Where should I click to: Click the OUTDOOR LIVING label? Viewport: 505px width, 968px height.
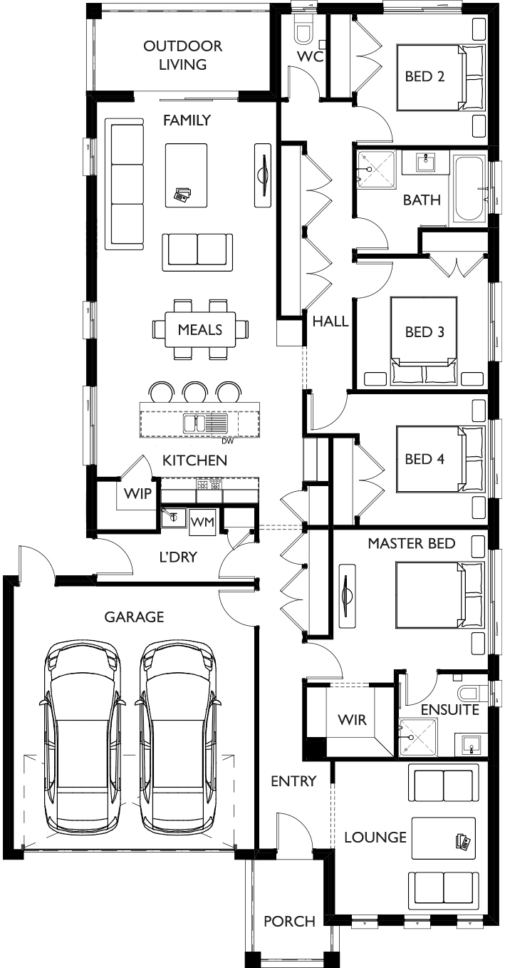[x=183, y=56]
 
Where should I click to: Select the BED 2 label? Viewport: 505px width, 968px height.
[x=425, y=76]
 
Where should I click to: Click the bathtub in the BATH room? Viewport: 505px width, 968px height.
[x=469, y=189]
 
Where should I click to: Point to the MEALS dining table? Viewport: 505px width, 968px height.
[x=200, y=329]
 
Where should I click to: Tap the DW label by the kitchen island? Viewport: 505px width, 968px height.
[x=227, y=442]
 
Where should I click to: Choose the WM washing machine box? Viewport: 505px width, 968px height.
[x=202, y=522]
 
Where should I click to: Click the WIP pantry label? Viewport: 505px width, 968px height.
[x=137, y=493]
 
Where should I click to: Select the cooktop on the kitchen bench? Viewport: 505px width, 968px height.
[x=209, y=485]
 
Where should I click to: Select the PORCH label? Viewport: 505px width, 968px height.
[x=289, y=922]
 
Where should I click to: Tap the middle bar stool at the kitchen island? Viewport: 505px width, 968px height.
[x=196, y=392]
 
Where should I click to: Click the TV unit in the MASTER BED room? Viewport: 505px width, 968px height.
[x=348, y=596]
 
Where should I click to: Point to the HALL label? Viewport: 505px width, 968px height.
[x=330, y=321]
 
